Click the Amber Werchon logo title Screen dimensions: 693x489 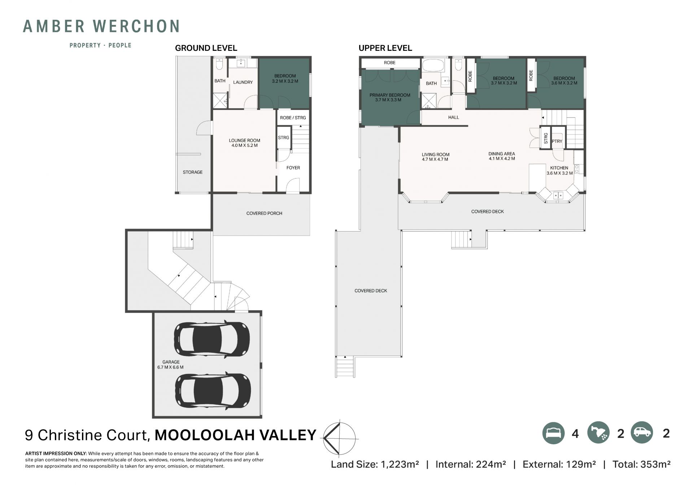[x=101, y=26]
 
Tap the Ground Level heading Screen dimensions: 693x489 [x=206, y=48]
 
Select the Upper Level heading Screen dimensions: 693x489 [x=385, y=48]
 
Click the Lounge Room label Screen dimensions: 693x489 [x=244, y=143]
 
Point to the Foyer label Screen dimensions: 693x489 [x=293, y=168]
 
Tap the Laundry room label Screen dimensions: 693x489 [x=243, y=82]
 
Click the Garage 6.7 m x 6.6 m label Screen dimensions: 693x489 [x=170, y=365]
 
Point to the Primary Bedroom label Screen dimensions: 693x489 [x=390, y=97]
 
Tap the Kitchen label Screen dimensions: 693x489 [x=559, y=170]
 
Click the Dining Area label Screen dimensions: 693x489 [x=502, y=156]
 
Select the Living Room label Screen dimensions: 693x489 [x=435, y=157]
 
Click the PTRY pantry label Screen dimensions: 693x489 [x=557, y=141]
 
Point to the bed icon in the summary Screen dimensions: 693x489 [x=553, y=433]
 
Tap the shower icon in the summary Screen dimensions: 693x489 [x=598, y=433]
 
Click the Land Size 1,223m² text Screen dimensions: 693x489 [x=375, y=464]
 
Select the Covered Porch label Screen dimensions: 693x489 [x=264, y=213]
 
